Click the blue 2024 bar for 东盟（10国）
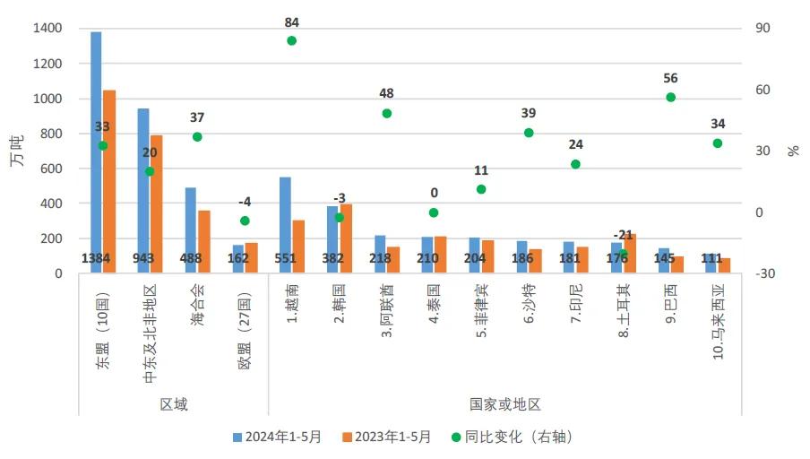pyautogui.click(x=96, y=152)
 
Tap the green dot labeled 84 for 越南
pyautogui.click(x=291, y=40)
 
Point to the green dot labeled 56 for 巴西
pyautogui.click(x=670, y=97)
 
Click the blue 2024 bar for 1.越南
pyautogui.click(x=285, y=225)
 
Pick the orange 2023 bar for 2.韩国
pyautogui.click(x=346, y=238)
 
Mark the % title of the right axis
pyautogui.click(x=793, y=150)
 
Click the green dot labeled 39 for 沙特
pyautogui.click(x=529, y=133)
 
